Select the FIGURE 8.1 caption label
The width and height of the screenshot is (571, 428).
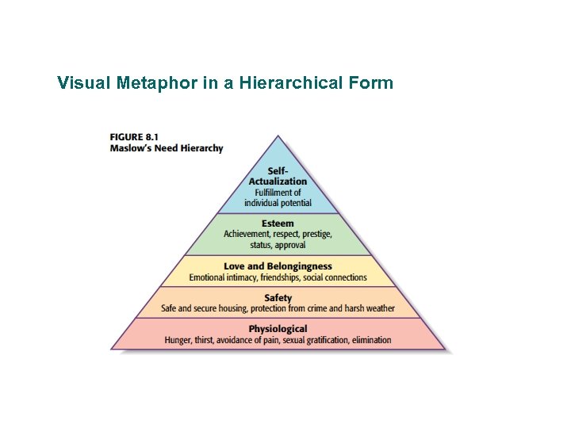[x=134, y=136]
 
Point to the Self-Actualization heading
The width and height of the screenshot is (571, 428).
[x=278, y=176]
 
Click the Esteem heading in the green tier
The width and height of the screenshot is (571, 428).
[x=278, y=224]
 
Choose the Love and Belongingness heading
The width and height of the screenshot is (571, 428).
[x=278, y=266]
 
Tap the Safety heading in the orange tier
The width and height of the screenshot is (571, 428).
[x=278, y=298]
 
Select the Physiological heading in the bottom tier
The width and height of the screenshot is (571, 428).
[x=278, y=329]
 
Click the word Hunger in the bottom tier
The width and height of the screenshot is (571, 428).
[x=179, y=340]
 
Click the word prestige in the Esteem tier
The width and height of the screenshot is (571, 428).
[x=313, y=235]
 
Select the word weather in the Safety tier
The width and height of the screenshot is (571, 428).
[x=378, y=308]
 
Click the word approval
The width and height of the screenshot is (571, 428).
[x=289, y=246]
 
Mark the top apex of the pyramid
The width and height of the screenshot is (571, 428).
[x=278, y=136]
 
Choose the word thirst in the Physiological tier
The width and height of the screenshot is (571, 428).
[x=209, y=340]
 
